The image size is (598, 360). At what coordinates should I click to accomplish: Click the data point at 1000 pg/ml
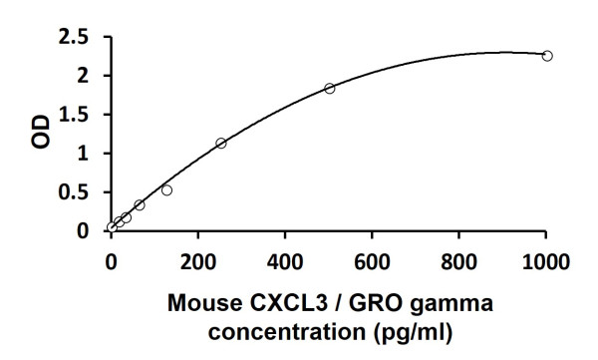click(x=547, y=56)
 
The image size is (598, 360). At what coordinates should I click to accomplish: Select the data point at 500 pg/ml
click(x=330, y=88)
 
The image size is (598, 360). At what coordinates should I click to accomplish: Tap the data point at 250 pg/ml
click(x=221, y=143)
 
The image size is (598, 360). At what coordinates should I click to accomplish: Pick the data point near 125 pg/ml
click(x=166, y=189)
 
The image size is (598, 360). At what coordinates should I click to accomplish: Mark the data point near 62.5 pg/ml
click(x=140, y=204)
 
